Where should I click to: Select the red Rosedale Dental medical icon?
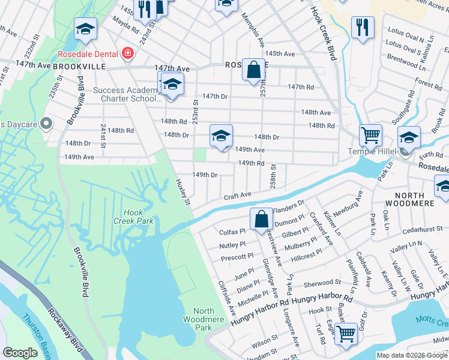pos(127,54)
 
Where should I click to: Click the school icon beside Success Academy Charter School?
pos(172,84)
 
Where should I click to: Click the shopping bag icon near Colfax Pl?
pos(261,219)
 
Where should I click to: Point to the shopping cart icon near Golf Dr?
pos(345,333)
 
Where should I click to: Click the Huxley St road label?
pos(182,191)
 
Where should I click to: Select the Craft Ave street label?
pos(237,195)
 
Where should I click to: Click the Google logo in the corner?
pos(20,353)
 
